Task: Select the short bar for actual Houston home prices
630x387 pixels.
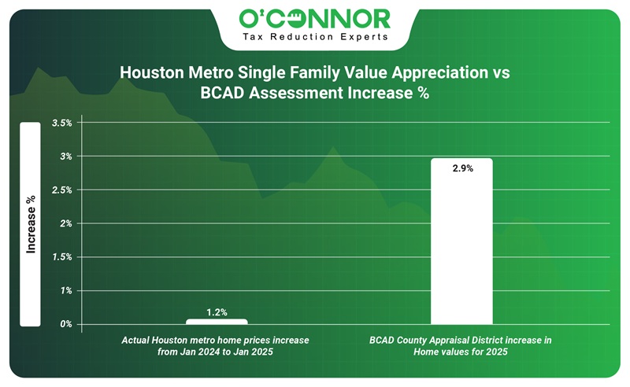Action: pos(217,321)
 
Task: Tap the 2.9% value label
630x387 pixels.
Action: pos(462,169)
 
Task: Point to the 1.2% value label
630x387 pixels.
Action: pos(217,312)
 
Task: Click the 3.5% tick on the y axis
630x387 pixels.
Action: pos(61,123)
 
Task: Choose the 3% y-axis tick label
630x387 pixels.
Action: pos(65,157)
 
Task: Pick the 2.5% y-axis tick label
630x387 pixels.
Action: pos(61,190)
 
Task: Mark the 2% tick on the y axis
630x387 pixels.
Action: pos(65,223)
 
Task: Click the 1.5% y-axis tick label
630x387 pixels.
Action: pos(61,257)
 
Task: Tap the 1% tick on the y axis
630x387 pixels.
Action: pos(65,291)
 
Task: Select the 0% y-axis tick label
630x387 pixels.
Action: pos(65,324)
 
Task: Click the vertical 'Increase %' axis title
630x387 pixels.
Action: pos(31,224)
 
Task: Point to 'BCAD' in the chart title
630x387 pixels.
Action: pos(227,92)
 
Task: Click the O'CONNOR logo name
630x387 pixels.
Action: pos(315,17)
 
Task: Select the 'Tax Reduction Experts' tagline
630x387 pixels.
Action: pos(315,36)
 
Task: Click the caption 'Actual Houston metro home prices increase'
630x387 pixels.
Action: pos(215,340)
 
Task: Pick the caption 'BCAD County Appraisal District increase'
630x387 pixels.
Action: pos(461,340)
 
